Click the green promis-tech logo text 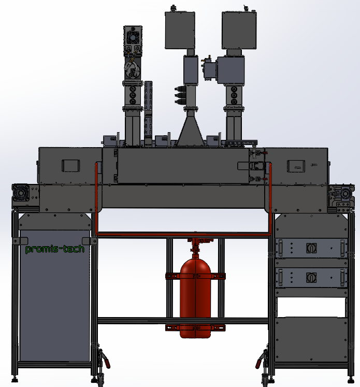click(54, 249)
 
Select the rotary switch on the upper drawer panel click(311, 248)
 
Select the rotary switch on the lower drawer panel click(311, 277)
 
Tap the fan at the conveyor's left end click(21, 193)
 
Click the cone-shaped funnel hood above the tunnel click(191, 128)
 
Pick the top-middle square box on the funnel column click(180, 30)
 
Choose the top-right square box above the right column click(239, 30)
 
